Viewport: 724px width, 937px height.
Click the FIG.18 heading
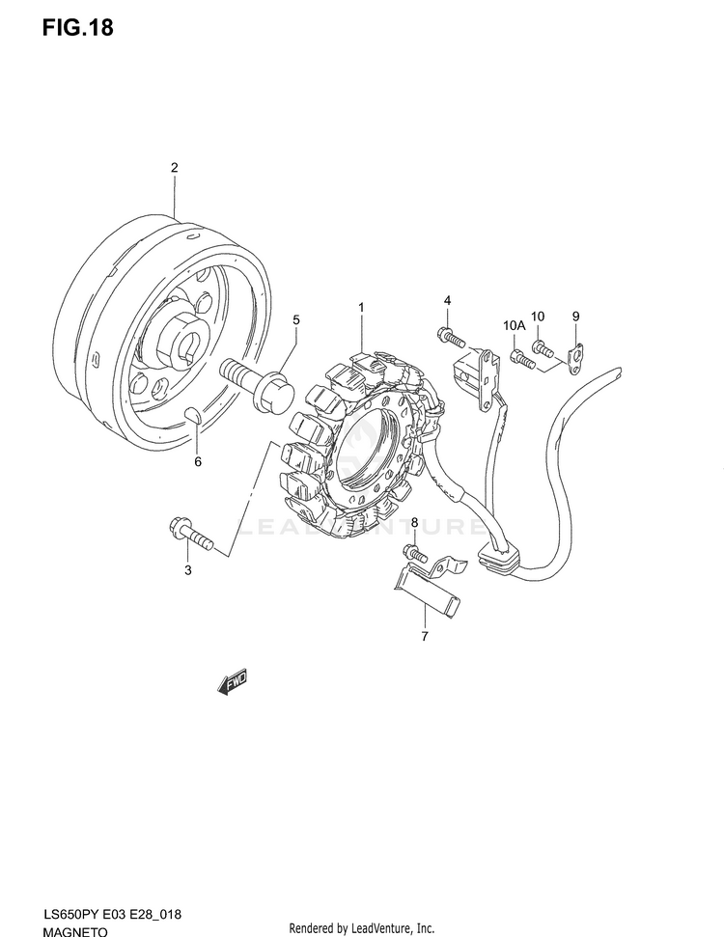pyautogui.click(x=78, y=28)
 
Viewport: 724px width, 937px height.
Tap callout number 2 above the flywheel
pyautogui.click(x=175, y=168)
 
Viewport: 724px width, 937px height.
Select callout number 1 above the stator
pyautogui.click(x=361, y=308)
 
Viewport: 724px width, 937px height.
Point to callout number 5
pyautogui.click(x=296, y=319)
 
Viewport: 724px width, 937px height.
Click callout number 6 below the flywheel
pyautogui.click(x=198, y=461)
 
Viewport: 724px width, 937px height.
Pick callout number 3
pyautogui.click(x=188, y=570)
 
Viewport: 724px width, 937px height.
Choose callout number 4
pyautogui.click(x=448, y=301)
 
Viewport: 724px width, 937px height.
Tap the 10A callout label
pyautogui.click(x=514, y=327)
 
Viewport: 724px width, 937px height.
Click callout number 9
pyautogui.click(x=575, y=316)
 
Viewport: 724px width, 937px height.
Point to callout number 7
pyautogui.click(x=424, y=637)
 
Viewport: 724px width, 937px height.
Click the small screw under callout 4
pyautogui.click(x=451, y=337)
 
